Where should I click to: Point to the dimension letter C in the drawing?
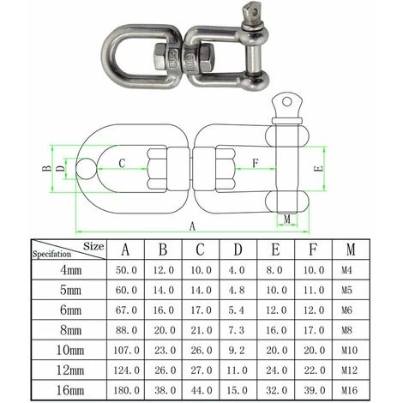point(122,161)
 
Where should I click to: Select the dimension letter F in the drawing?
point(255,161)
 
